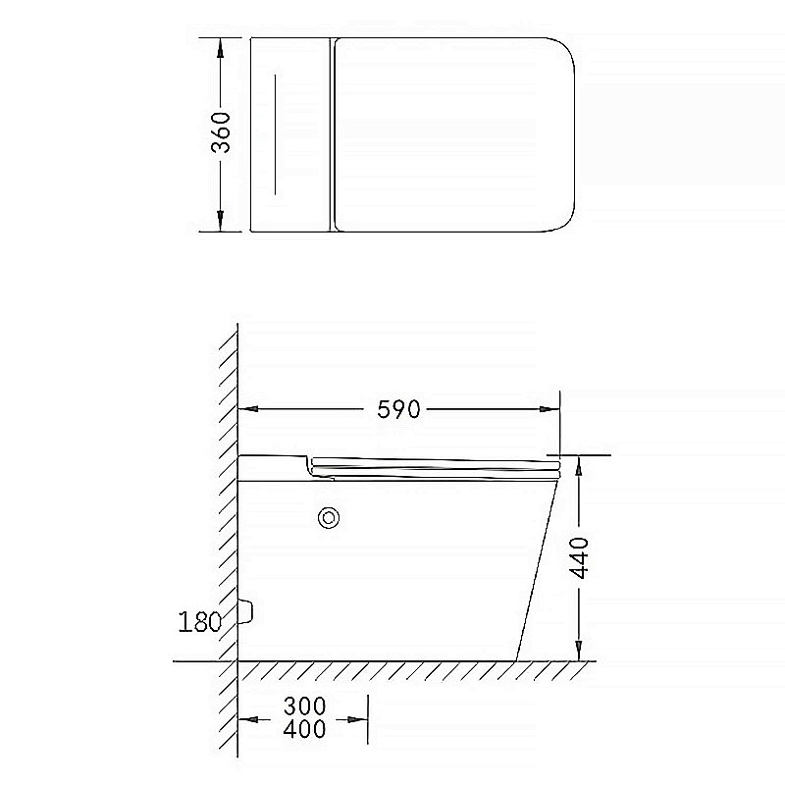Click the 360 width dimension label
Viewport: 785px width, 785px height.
click(222, 132)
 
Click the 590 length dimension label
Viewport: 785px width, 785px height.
click(398, 409)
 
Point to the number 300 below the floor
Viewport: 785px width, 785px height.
click(304, 706)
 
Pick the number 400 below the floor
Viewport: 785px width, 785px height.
click(304, 729)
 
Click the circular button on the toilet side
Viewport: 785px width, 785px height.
click(328, 517)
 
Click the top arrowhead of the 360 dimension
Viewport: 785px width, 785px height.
click(222, 47)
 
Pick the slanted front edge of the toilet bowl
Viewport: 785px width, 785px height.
click(537, 569)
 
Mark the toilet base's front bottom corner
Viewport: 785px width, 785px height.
click(516, 659)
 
